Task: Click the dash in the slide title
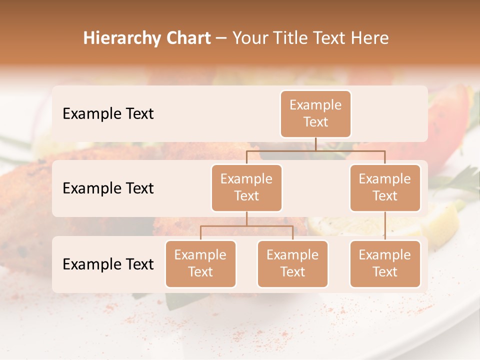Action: click(x=221, y=38)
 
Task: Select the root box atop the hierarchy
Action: click(x=315, y=113)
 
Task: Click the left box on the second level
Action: click(x=246, y=187)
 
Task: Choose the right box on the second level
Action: click(x=385, y=187)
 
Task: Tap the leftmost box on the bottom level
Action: click(x=200, y=263)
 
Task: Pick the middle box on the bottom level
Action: click(x=292, y=263)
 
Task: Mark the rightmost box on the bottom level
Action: click(x=385, y=263)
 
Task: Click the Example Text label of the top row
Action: click(x=108, y=113)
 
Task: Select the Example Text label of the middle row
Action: click(x=108, y=188)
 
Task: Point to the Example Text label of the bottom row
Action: click(x=108, y=264)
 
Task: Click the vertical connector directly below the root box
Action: click(x=315, y=144)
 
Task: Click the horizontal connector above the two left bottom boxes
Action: click(x=246, y=226)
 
